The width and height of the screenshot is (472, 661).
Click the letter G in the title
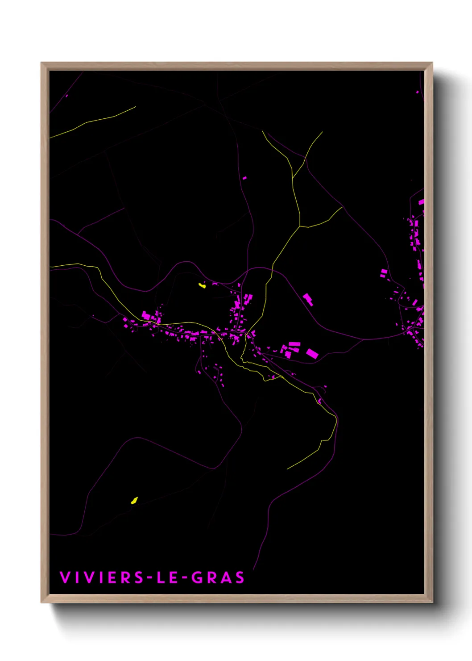(x=196, y=577)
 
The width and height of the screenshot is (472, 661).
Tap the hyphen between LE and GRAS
(x=184, y=578)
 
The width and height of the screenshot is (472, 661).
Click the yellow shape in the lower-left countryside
(x=134, y=500)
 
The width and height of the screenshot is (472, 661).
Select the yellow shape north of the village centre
(x=202, y=285)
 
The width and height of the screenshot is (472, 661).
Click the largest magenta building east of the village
(x=312, y=354)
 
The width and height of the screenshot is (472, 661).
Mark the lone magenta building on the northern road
(x=244, y=178)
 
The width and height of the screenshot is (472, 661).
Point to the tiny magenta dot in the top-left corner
(x=66, y=96)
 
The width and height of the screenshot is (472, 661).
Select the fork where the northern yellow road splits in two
(x=300, y=226)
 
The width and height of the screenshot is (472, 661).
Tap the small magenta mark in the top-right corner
(x=417, y=92)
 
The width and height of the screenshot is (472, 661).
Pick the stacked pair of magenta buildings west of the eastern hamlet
(x=383, y=273)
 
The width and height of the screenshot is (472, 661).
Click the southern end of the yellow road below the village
(x=287, y=469)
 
